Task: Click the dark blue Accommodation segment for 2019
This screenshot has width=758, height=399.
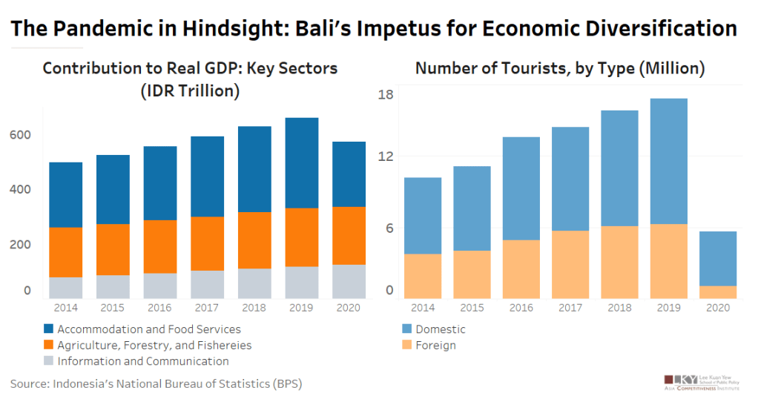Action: tap(302, 162)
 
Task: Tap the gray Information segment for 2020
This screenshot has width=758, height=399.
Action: tap(349, 281)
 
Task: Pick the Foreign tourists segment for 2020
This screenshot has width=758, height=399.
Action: tap(717, 292)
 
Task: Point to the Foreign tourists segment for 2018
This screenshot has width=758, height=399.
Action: tap(619, 262)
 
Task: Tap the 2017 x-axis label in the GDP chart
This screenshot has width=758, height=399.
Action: tap(208, 308)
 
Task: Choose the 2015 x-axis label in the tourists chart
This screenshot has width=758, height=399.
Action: tap(472, 308)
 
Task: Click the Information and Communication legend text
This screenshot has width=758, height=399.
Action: tap(143, 362)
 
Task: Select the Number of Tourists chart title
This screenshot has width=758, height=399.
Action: tap(559, 68)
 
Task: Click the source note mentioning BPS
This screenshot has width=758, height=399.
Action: tap(156, 383)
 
